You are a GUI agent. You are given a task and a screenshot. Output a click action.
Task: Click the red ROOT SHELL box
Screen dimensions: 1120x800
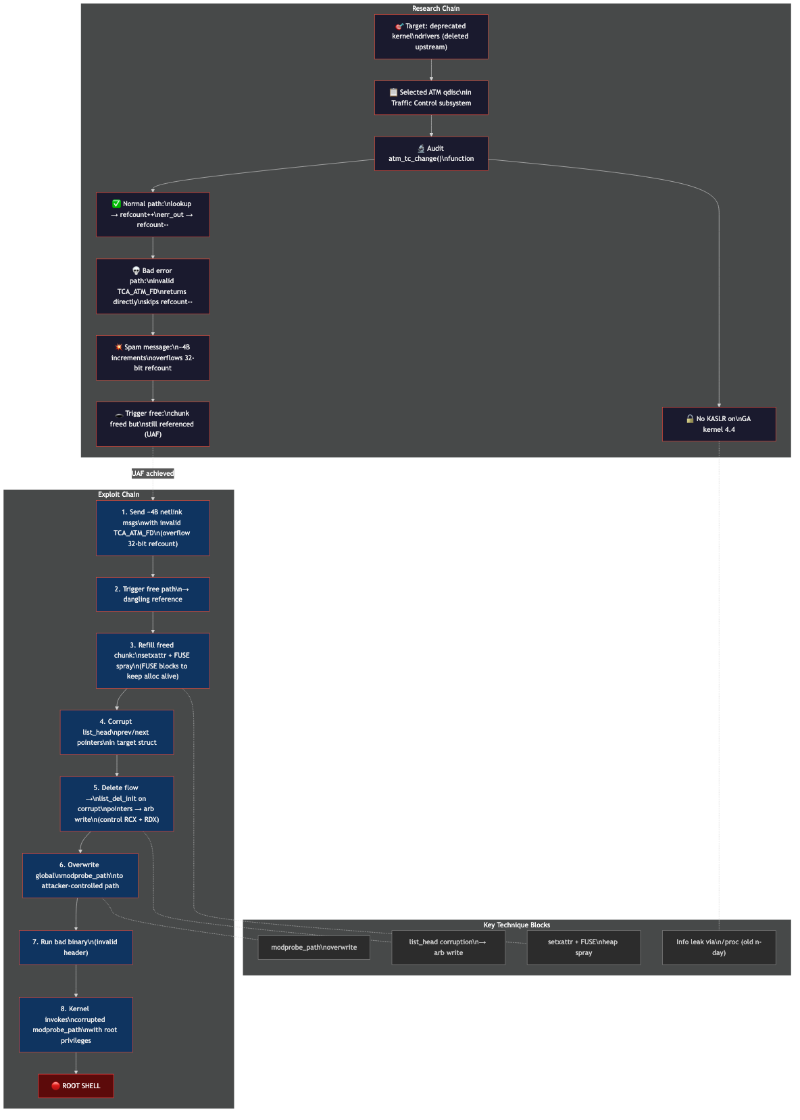coord(76,1086)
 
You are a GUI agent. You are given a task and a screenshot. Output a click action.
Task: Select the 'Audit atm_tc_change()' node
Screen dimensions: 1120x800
coord(431,153)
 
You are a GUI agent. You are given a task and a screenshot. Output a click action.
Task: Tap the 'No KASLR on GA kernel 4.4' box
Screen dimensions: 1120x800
coord(719,424)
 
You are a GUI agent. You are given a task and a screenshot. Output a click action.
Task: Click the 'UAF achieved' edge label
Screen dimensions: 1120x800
coord(153,473)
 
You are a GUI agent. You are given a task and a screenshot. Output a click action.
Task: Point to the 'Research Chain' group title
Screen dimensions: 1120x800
coord(436,9)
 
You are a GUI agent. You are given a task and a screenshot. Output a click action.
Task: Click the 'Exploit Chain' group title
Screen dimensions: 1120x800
coord(118,494)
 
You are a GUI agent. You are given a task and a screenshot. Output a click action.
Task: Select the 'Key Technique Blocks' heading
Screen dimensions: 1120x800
coord(516,925)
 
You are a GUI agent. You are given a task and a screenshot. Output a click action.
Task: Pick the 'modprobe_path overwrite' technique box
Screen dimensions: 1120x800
coord(314,947)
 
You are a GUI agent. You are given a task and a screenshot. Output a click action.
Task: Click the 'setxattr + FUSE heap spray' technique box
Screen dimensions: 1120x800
coord(583,947)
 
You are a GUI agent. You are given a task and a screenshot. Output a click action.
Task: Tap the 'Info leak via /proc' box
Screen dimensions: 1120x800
coord(719,947)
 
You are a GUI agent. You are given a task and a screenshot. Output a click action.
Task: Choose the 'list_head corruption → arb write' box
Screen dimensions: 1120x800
coord(448,947)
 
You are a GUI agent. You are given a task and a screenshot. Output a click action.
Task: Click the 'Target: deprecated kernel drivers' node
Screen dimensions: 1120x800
coord(431,36)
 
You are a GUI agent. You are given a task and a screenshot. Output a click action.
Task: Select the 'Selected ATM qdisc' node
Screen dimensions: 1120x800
coord(431,97)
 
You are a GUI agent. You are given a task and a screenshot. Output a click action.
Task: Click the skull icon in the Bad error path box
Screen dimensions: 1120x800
coord(136,270)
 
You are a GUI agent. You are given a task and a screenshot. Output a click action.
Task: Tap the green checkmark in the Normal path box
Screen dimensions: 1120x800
coord(116,203)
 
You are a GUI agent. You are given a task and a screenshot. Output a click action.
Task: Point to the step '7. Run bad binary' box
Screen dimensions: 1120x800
coord(76,947)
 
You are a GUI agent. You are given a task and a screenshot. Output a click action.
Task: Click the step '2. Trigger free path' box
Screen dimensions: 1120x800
coord(153,594)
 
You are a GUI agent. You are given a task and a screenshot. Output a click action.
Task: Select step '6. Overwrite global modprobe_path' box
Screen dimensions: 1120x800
coord(80,875)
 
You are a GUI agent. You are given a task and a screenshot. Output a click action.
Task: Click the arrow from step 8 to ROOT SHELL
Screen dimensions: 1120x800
coord(76,1063)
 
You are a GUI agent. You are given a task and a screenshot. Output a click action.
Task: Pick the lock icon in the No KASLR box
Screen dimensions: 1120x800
coord(690,418)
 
